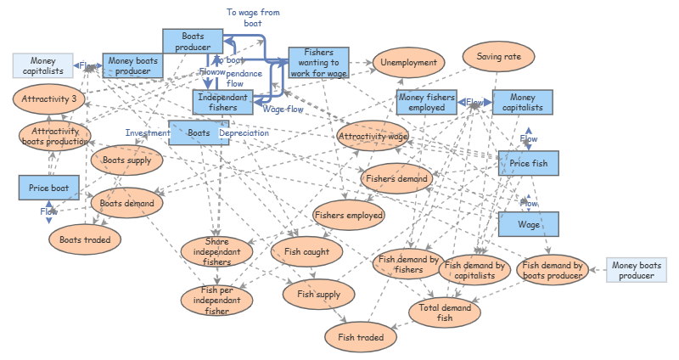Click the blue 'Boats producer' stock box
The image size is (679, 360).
tap(192, 40)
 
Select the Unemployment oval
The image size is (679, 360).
tap(408, 62)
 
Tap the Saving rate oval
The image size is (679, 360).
tap(498, 57)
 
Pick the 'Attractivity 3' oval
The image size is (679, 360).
tap(49, 99)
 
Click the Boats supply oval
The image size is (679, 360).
tap(126, 160)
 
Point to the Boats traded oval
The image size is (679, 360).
tap(85, 239)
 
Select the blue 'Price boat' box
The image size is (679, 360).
tap(48, 188)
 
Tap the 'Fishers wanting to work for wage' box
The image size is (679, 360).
tap(318, 63)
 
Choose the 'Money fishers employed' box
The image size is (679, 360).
tap(427, 102)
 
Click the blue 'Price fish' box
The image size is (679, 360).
tap(528, 163)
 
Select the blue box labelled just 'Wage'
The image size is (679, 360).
tap(528, 225)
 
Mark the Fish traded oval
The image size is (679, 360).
tap(361, 337)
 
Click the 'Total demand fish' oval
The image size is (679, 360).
tap(445, 312)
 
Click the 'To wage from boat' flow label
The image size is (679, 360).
tap(253, 18)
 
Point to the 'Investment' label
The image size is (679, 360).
tap(147, 132)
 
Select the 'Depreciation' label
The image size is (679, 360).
tap(244, 132)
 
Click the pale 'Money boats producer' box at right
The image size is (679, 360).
tap(637, 271)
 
